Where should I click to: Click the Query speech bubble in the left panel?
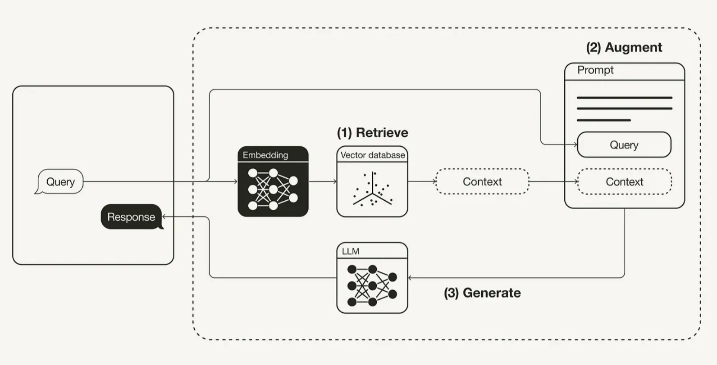coord(60,181)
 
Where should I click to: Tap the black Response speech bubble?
coord(132,216)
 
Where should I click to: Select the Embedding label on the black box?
coord(265,155)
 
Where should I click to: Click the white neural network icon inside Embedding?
coord(273,189)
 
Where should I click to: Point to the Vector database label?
coord(373,155)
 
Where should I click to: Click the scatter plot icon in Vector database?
coord(373,189)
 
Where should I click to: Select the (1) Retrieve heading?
coord(373,133)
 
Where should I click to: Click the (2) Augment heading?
coord(624,47)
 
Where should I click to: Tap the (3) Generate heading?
coord(482,293)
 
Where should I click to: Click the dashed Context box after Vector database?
coord(482,181)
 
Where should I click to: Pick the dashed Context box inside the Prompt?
coord(625,181)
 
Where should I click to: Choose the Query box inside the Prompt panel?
coord(624,145)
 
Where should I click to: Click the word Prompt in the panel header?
coord(595,70)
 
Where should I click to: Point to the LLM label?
coord(351,251)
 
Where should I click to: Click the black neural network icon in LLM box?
coord(372,285)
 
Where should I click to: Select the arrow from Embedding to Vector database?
coord(323,181)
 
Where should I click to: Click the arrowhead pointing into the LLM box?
coord(410,278)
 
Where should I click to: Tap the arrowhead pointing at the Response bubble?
coord(164,216)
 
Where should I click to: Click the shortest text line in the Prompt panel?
coord(604,120)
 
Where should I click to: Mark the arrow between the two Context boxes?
coord(554,181)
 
